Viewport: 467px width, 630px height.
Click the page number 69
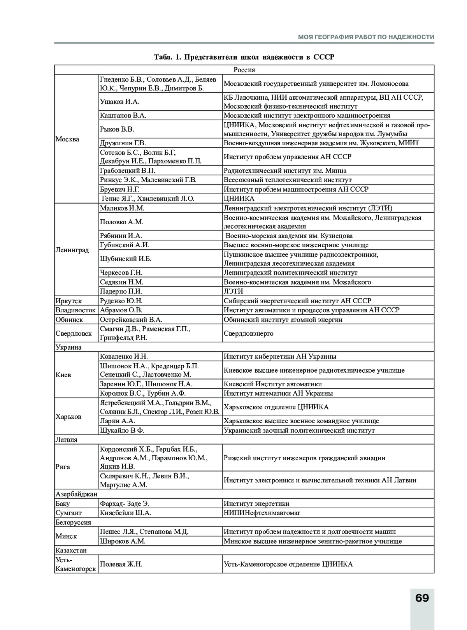[x=422, y=598]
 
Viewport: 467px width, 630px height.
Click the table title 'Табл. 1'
[x=244, y=57]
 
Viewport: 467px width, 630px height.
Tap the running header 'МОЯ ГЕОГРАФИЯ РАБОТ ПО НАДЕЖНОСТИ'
[x=366, y=37]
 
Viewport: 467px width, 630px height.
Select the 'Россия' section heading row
[x=244, y=70]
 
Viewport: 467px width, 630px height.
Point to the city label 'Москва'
[x=67, y=139]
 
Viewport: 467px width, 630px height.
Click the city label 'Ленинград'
[x=72, y=250]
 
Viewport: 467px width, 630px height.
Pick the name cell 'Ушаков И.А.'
[x=119, y=102]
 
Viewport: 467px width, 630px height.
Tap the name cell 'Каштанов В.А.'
[x=123, y=115]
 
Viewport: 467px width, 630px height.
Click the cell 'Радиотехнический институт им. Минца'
[x=285, y=171]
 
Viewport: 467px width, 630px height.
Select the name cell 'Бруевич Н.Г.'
[x=119, y=189]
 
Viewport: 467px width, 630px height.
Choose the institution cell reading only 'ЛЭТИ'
[x=233, y=291]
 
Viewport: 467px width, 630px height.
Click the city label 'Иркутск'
[x=68, y=301]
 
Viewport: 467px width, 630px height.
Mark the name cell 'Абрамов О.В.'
[x=121, y=310]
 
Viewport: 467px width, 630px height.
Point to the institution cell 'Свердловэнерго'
[x=248, y=333]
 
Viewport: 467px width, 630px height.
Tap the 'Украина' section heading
[x=68, y=347]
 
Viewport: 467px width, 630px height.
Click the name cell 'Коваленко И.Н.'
[x=124, y=356]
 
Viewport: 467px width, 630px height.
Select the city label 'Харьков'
[x=68, y=416]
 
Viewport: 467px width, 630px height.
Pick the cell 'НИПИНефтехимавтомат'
[x=262, y=513]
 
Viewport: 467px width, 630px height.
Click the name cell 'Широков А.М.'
[x=123, y=541]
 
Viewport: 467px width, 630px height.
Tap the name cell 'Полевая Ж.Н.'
[x=121, y=564]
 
